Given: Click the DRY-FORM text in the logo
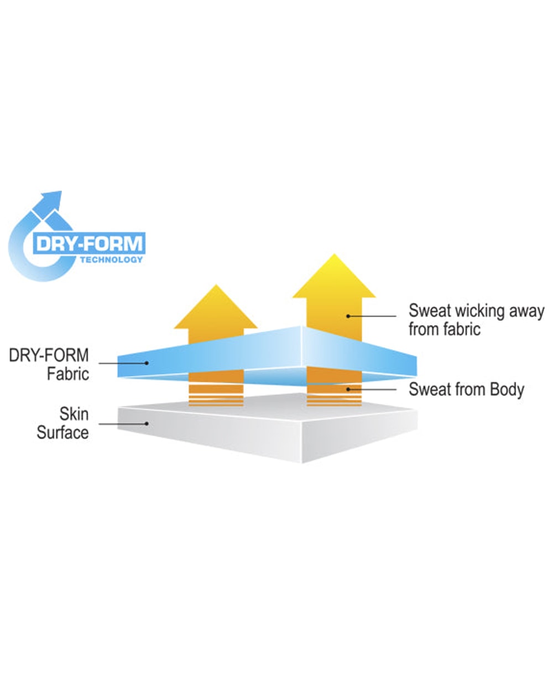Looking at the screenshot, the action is (90, 243).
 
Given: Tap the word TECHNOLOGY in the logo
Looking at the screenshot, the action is (111, 259).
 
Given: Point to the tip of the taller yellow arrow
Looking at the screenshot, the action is (334, 254).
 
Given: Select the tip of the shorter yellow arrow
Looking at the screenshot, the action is (216, 285).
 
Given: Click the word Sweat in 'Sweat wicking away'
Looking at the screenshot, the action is (430, 311).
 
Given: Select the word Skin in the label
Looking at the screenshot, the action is (74, 413).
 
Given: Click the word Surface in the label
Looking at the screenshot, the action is (62, 432).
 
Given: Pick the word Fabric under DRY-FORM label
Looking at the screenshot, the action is (68, 374).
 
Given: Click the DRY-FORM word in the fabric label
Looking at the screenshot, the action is (49, 355).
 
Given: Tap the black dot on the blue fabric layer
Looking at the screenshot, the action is (147, 363).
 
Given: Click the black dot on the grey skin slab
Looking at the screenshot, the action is (147, 423).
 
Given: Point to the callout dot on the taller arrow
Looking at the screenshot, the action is (348, 316).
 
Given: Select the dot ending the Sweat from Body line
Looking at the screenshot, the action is (348, 390).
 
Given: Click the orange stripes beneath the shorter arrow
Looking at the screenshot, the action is (216, 395).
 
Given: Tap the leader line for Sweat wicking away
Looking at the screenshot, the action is (372, 316).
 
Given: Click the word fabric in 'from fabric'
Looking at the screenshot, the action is (461, 329).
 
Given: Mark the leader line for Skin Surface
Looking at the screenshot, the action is (122, 424).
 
